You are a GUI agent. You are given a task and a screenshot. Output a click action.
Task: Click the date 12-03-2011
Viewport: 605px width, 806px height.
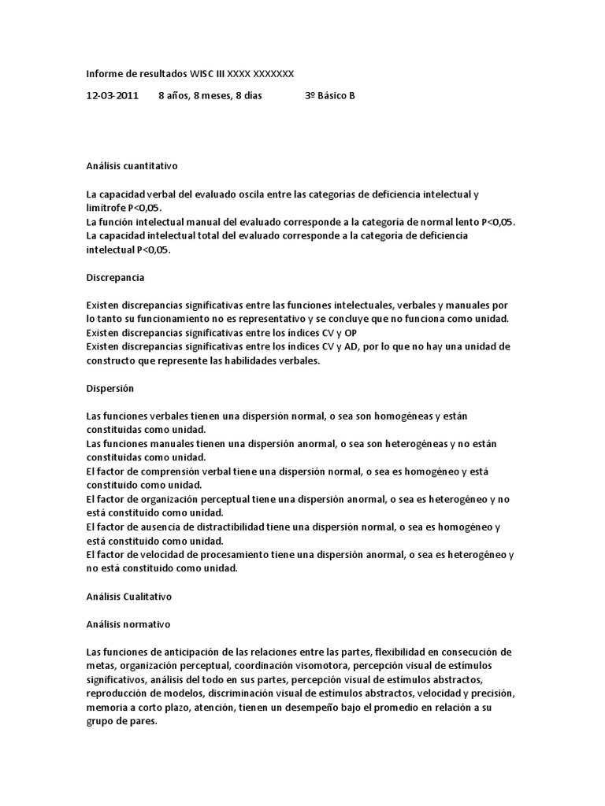click(x=112, y=96)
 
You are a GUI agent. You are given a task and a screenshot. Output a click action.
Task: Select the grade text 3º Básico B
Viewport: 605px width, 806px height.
click(x=329, y=96)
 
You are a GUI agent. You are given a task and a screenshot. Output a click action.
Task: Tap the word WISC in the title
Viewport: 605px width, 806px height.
click(x=203, y=73)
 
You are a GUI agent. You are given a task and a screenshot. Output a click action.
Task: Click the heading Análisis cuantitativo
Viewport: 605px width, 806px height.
click(x=132, y=166)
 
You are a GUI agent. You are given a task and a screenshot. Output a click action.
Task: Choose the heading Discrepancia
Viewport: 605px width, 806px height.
click(x=115, y=278)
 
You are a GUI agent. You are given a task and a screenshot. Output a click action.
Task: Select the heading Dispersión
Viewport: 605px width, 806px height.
click(x=110, y=389)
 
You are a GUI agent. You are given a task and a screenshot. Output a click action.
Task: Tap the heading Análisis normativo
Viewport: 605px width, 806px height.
click(x=127, y=624)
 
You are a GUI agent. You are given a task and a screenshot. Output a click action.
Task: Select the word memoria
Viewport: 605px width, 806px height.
click(x=106, y=708)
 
